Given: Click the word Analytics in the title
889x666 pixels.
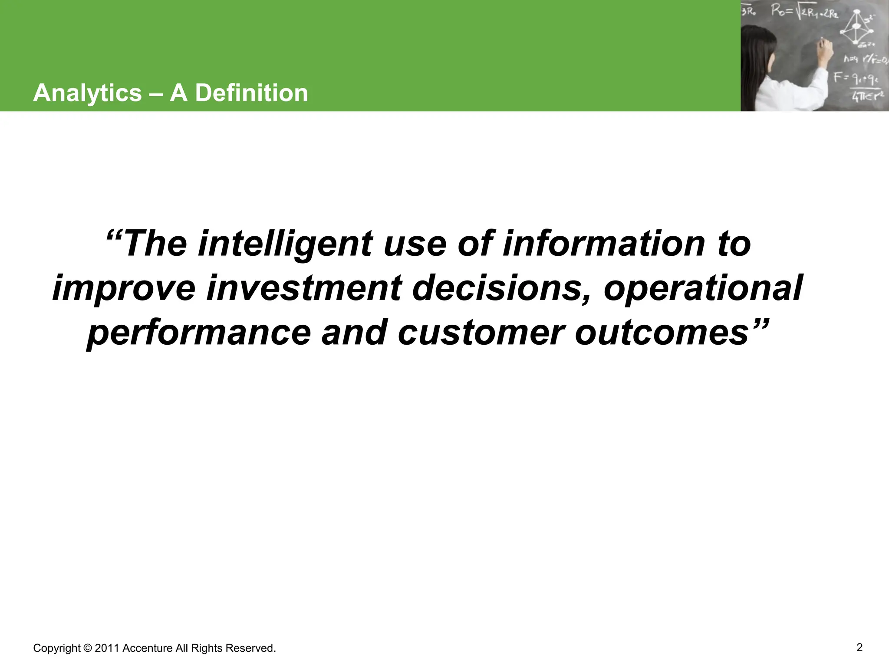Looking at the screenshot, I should coord(87,93).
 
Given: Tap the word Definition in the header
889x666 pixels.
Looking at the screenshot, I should coord(251,93).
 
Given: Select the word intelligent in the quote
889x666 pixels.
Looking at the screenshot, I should coord(285,244).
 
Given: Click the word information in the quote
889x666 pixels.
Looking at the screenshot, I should coord(604,244).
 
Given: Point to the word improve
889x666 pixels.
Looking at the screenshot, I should coord(124,288).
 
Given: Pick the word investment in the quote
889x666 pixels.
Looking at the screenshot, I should coord(304,288).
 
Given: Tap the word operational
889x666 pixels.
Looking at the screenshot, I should coord(703,288).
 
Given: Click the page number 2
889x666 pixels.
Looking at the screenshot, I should coord(859,647).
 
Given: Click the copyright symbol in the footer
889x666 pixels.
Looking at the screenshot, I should coord(87,648).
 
